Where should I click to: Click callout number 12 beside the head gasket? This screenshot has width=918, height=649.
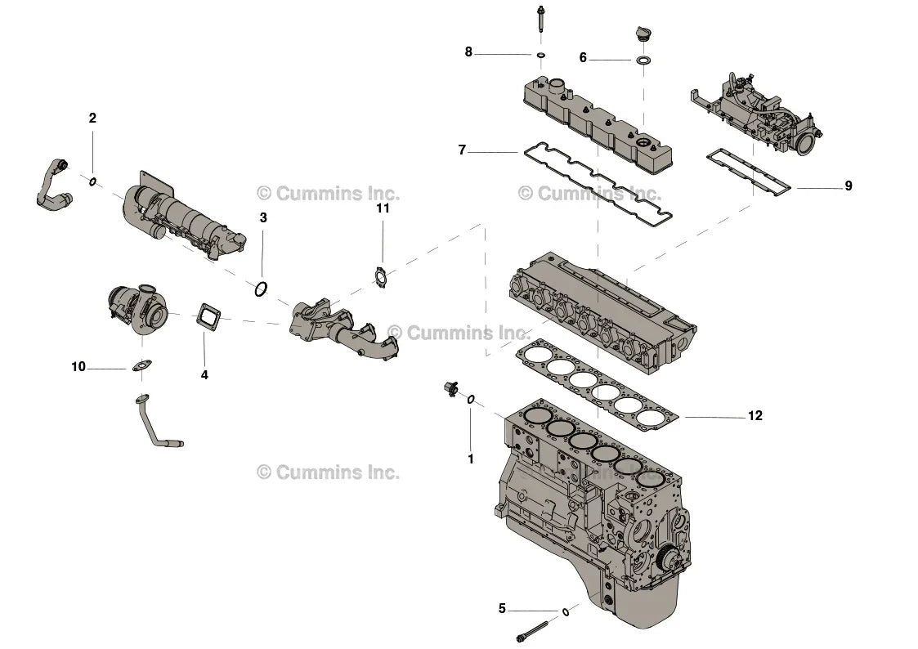point(755,416)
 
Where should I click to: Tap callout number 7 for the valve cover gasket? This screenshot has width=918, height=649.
point(462,150)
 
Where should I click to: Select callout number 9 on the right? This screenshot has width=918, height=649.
point(848,186)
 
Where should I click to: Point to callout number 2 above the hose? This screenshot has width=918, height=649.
point(92,119)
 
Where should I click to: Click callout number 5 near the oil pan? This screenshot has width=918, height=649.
point(502,609)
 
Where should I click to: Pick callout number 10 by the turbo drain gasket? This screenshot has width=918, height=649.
point(78,367)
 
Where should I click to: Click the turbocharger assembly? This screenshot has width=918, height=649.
point(137,308)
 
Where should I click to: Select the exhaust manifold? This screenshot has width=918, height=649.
point(343,328)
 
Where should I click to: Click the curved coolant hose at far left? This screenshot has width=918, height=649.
point(51,187)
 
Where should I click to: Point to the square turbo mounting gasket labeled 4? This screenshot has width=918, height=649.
point(211,316)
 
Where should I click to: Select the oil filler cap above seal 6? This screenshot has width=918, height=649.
point(643,35)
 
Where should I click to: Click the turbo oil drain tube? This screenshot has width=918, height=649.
point(155,424)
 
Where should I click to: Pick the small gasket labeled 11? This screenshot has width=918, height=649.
point(380,277)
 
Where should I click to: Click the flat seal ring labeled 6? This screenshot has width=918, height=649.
point(643,60)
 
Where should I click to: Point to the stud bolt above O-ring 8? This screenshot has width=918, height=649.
point(540,20)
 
